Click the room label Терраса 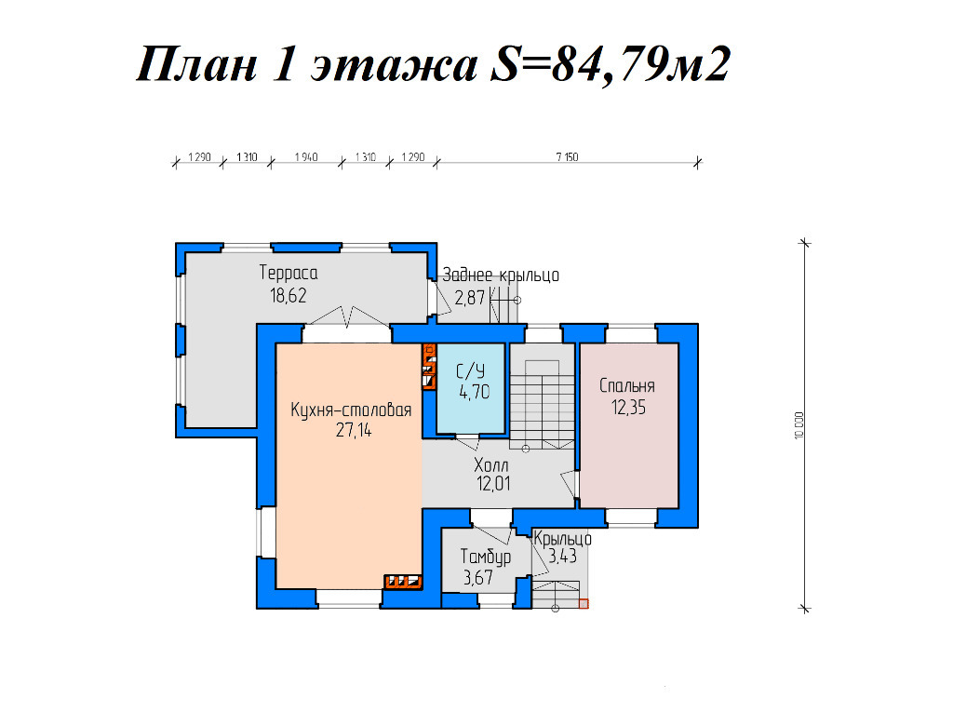[x=289, y=273]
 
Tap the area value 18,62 [x=289, y=296]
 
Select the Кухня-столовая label [x=351, y=410]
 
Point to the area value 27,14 [x=353, y=431]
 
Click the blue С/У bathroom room [x=471, y=389]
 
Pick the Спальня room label [x=627, y=386]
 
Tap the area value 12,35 [x=628, y=408]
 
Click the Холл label [x=491, y=465]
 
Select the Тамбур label [x=486, y=557]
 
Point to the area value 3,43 [x=562, y=556]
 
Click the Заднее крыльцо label [x=500, y=275]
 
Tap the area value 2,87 [x=470, y=298]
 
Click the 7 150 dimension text [x=567, y=157]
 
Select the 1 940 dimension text [x=306, y=157]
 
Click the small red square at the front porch [x=584, y=604]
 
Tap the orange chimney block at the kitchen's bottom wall [x=404, y=582]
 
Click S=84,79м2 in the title [x=610, y=64]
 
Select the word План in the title [x=197, y=64]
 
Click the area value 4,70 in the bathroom [x=474, y=392]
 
